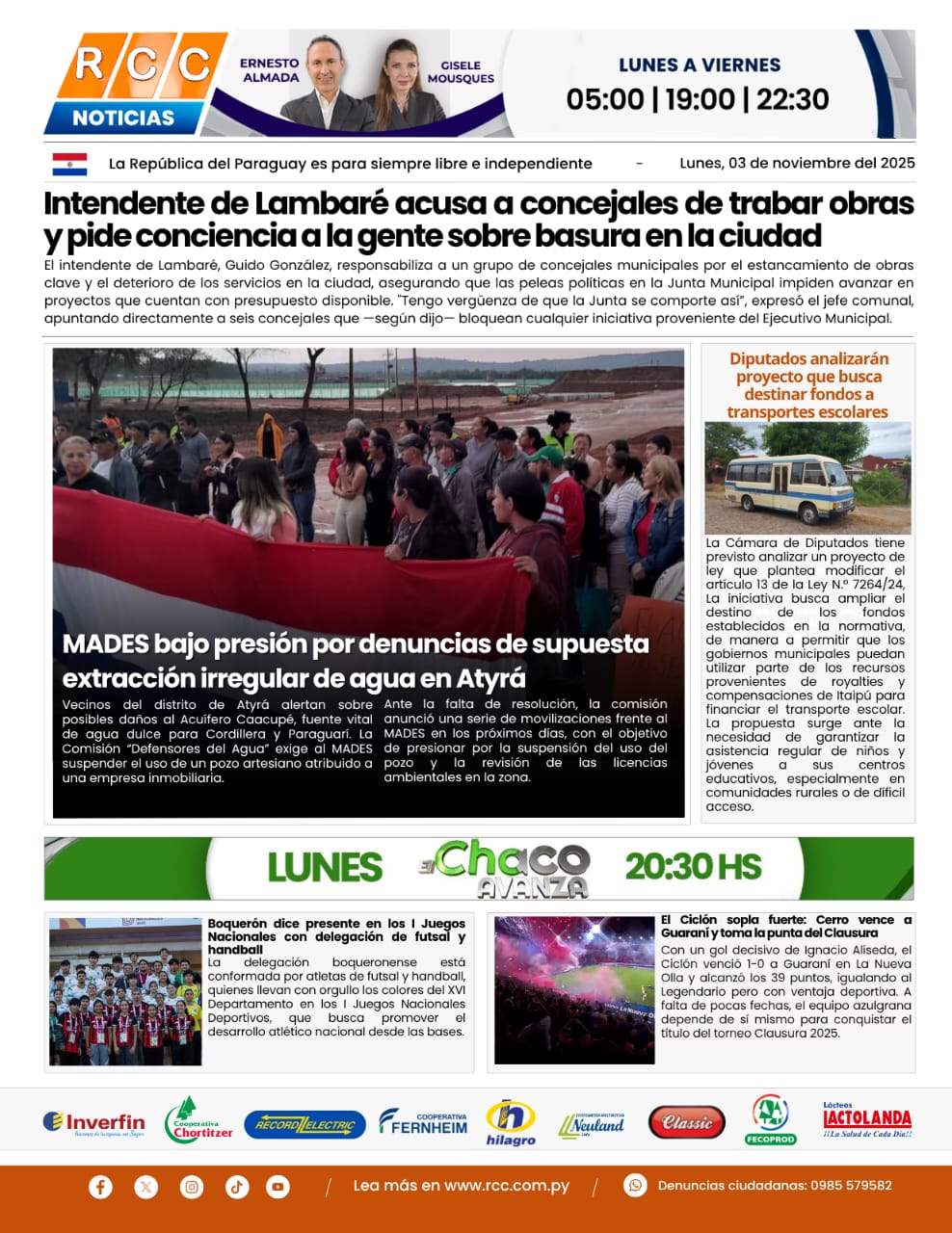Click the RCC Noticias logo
pyautogui.click(x=135, y=83)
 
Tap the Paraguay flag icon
pyautogui.click(x=69, y=164)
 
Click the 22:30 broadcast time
pyautogui.click(x=792, y=99)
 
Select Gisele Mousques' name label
pyautogui.click(x=461, y=72)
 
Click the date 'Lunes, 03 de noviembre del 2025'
pyautogui.click(x=797, y=163)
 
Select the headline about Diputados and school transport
pyautogui.click(x=807, y=385)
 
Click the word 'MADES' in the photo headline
pyautogui.click(x=105, y=643)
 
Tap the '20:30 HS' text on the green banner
pyautogui.click(x=693, y=867)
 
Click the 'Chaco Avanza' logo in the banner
pyautogui.click(x=508, y=868)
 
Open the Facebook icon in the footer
pyautogui.click(x=100, y=1187)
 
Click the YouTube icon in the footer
pyautogui.click(x=278, y=1187)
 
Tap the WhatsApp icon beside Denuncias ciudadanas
pyautogui.click(x=635, y=1185)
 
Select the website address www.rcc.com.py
pyautogui.click(x=506, y=1186)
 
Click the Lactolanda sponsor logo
pyautogui.click(x=866, y=1120)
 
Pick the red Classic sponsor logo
pyautogui.click(x=687, y=1122)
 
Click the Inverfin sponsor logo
pyautogui.click(x=93, y=1123)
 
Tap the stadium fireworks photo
pyautogui.click(x=574, y=989)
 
